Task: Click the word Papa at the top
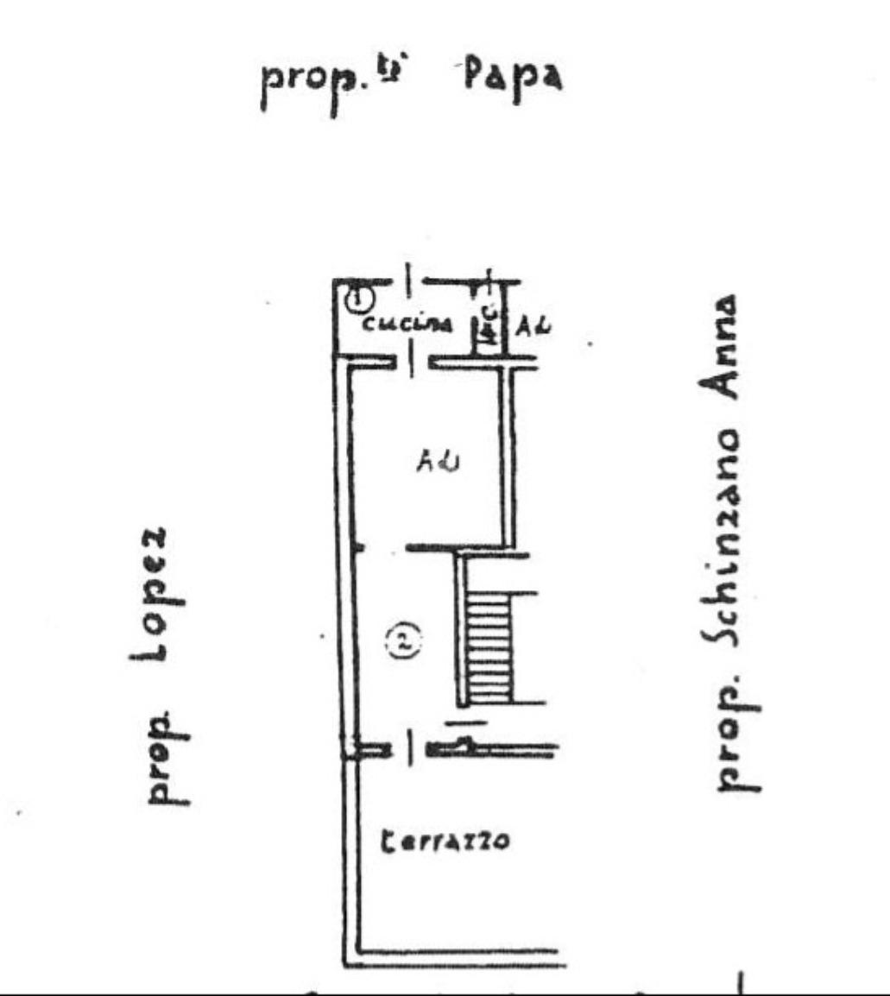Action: point(513,79)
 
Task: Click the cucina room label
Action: point(407,325)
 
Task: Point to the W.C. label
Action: point(489,326)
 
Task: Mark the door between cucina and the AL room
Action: point(411,361)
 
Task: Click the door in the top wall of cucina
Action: point(409,281)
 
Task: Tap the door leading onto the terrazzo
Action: point(411,747)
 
